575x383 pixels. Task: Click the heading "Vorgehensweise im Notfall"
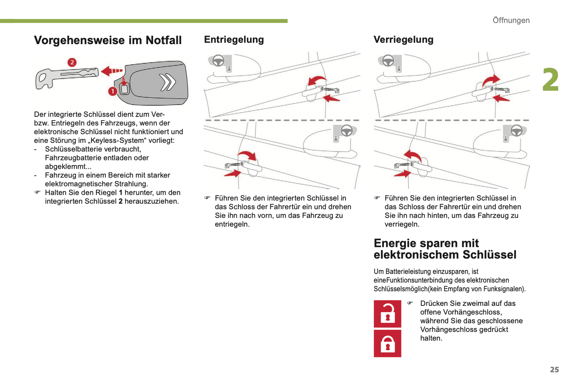point(107,40)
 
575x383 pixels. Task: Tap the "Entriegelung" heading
point(234,39)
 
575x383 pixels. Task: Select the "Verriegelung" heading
point(403,39)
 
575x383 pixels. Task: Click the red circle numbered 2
point(72,62)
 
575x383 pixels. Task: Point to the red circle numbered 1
point(113,91)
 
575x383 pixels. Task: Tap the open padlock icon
point(387,314)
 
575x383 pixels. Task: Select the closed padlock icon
point(387,344)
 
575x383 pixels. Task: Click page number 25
point(554,369)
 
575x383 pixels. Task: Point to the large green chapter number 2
point(551,80)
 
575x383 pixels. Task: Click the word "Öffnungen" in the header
point(511,20)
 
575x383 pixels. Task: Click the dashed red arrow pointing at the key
point(112,71)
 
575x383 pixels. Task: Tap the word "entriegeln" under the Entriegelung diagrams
point(231,224)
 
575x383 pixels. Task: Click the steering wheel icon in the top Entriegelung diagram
point(218,60)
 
